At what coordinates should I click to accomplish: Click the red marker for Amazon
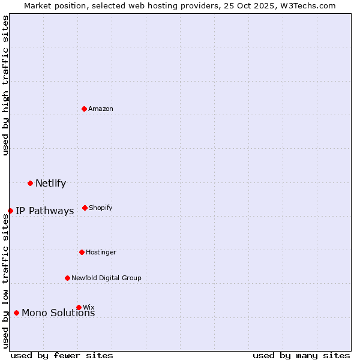point(85,109)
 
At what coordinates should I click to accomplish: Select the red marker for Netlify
point(30,183)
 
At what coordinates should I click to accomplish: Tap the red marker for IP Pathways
point(10,211)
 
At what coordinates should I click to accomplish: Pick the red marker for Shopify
point(85,208)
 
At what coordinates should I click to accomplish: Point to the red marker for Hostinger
point(82,252)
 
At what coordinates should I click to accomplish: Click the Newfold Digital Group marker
point(67,278)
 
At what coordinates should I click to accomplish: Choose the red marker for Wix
point(79,307)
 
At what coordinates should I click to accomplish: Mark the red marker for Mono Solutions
point(16,313)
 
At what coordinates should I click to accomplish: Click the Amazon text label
point(101,109)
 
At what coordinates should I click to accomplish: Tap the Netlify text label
point(50,183)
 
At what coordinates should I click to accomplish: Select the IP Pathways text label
point(44,211)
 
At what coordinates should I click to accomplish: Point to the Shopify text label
point(100,208)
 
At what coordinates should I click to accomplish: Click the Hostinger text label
point(101,252)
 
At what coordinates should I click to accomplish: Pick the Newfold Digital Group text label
point(106,278)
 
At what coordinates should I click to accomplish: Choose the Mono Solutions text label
point(58,313)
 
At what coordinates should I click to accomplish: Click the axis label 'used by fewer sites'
point(62,355)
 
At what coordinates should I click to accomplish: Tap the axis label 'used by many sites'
point(301,355)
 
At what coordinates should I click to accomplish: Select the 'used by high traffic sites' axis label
point(5,85)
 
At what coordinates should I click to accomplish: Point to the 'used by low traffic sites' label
point(5,281)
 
